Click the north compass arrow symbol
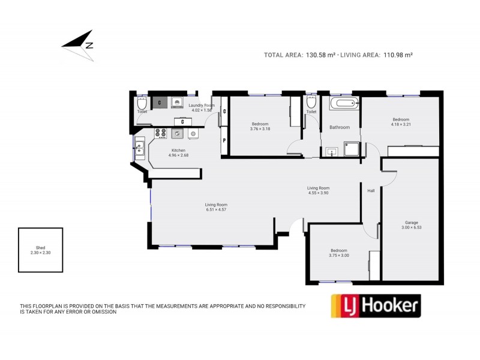coord(79,43)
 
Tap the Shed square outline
coord(40,250)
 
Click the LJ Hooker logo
coord(376,305)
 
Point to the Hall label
coord(371,191)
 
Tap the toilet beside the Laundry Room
coord(142,103)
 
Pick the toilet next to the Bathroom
coord(311,103)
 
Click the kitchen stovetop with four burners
coord(161,133)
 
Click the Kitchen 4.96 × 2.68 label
coord(178,153)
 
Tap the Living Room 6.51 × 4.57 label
coord(217,207)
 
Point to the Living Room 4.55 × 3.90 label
coord(318,190)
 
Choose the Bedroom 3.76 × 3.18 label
coord(260,126)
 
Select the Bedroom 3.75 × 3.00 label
coord(339,253)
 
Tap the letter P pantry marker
coord(224,141)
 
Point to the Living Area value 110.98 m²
coord(394,55)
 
